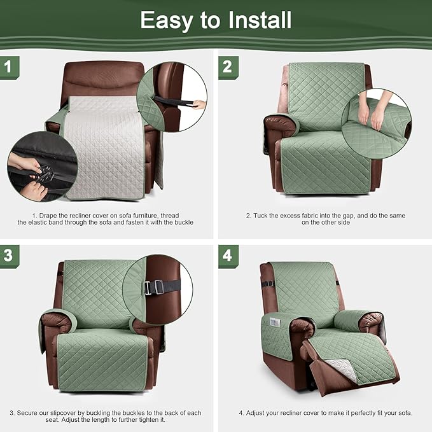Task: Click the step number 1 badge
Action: (8, 66)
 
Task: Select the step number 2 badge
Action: (227, 66)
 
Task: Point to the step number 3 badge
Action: (8, 256)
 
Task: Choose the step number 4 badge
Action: (227, 256)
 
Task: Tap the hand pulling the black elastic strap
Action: (199, 104)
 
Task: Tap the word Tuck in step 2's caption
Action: (261, 215)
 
